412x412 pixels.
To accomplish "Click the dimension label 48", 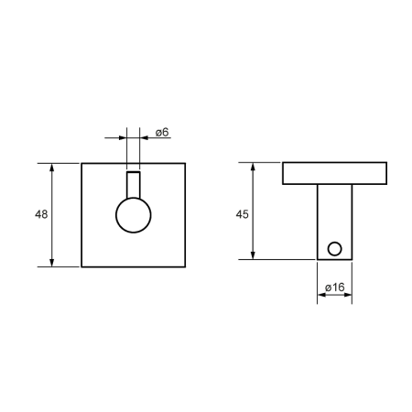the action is tap(41, 214).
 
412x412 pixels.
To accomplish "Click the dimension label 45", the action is tap(242, 214).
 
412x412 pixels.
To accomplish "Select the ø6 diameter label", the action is tap(162, 133).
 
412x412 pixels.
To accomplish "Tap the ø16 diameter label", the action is tap(335, 287).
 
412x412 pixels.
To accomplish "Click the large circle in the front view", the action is tap(116, 215).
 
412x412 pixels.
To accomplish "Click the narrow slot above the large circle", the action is tap(134, 172).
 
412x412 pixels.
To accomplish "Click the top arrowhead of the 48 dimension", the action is tap(52, 168).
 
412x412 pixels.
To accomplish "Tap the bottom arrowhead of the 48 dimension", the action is tap(52, 263).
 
